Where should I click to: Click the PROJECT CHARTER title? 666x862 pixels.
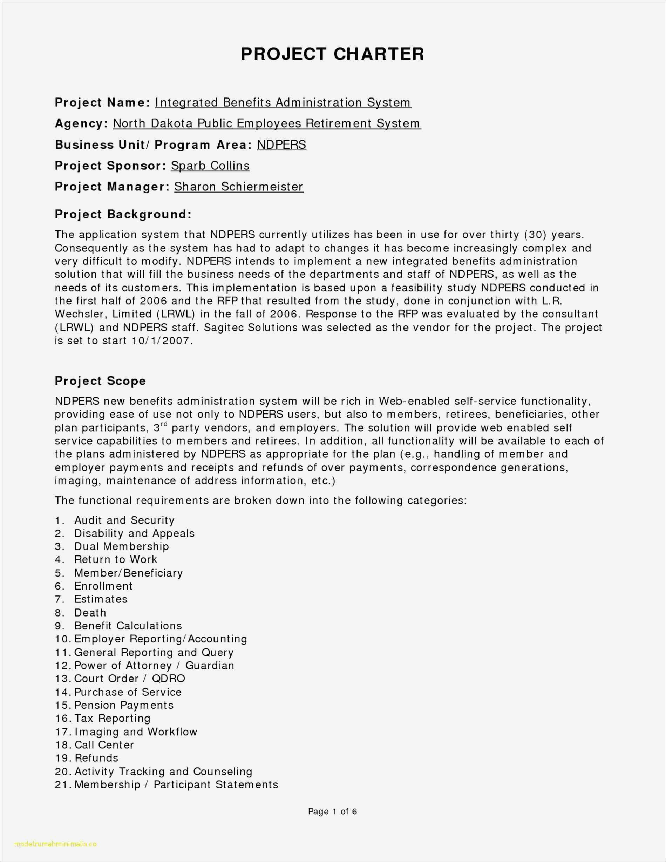(332, 54)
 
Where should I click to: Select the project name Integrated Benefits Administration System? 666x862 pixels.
(283, 103)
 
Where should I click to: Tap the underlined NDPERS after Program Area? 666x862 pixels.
(281, 145)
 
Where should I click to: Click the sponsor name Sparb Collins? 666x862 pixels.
(210, 166)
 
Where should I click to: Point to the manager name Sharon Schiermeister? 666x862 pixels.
(239, 187)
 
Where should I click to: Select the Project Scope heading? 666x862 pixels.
(100, 381)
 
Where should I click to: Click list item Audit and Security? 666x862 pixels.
(124, 520)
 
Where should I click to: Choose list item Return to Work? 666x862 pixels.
(116, 560)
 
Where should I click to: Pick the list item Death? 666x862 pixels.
(90, 613)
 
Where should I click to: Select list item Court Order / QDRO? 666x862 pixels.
(129, 679)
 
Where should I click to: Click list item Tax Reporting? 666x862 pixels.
(113, 718)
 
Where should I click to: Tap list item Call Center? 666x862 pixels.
(104, 745)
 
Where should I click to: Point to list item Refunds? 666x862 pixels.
(96, 758)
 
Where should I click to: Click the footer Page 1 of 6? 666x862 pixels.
(332, 812)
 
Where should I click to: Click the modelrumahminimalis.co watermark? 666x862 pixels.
(55, 844)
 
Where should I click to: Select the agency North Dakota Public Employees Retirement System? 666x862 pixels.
(267, 123)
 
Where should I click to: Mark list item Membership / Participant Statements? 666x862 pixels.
(176, 784)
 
